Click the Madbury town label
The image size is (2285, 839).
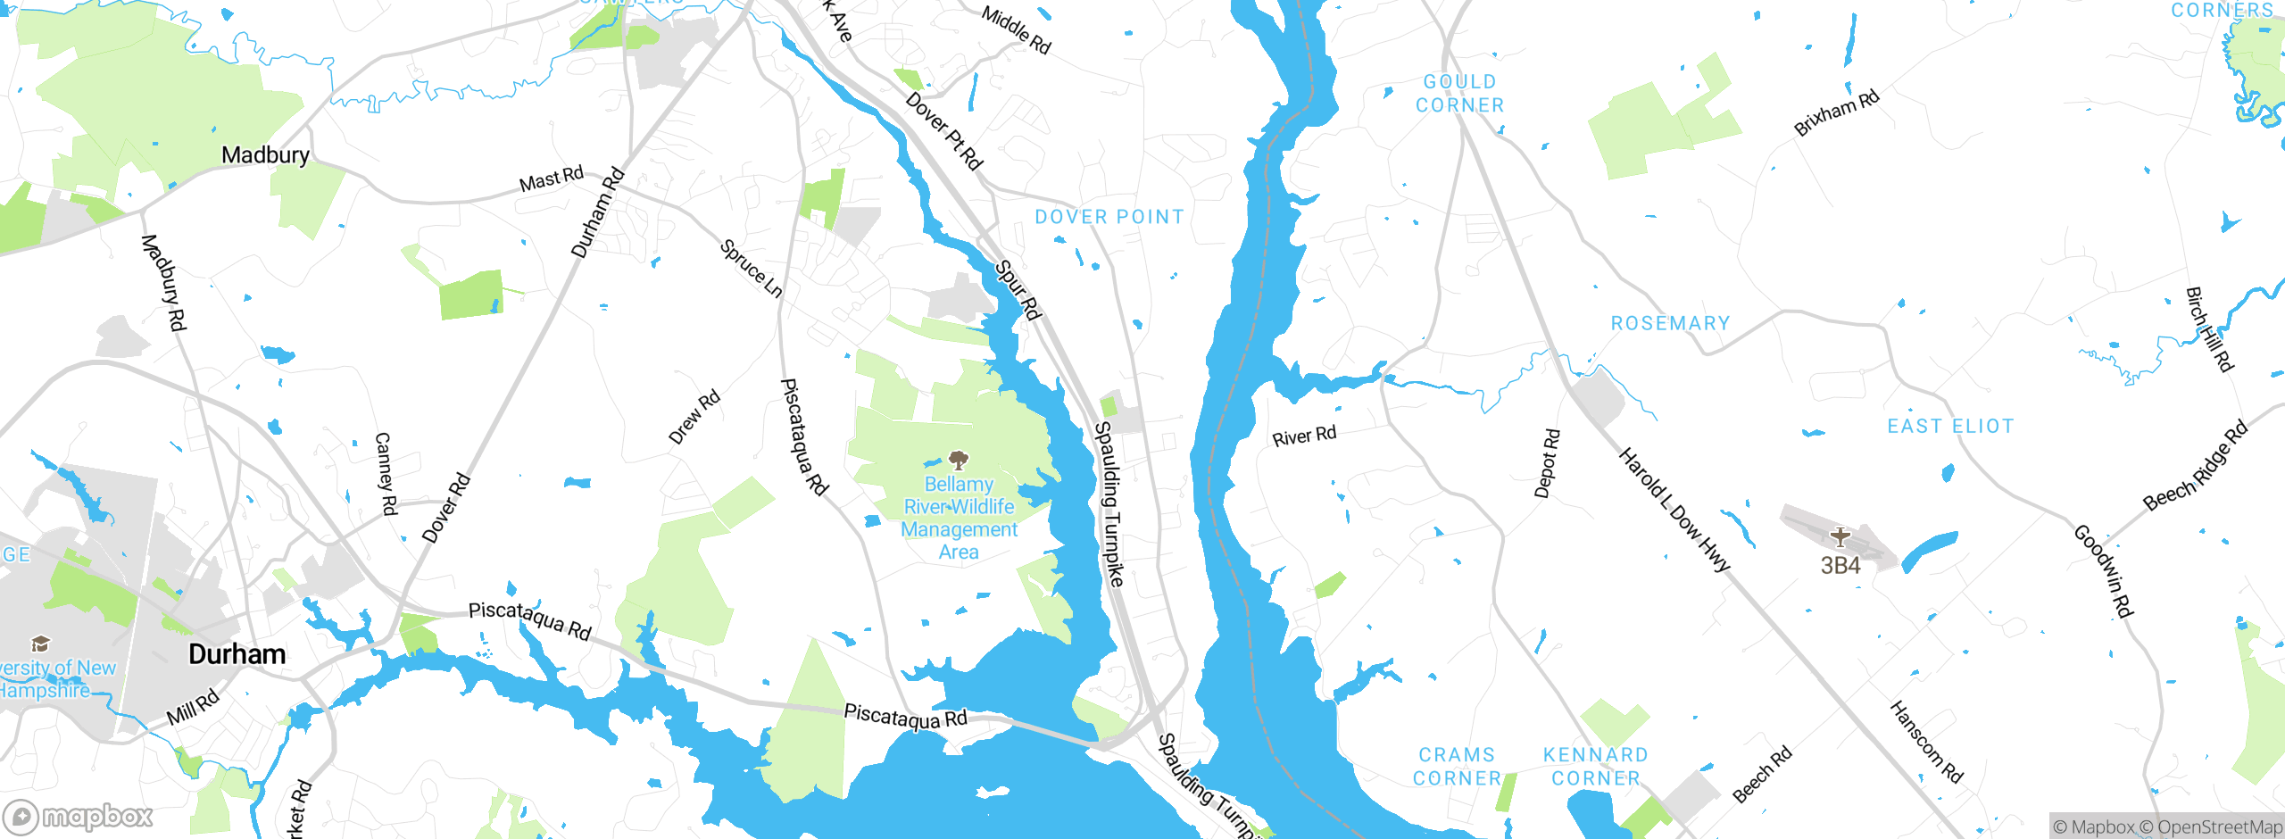[x=265, y=155]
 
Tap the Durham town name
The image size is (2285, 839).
[x=237, y=654]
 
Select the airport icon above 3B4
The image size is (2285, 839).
[x=1840, y=537]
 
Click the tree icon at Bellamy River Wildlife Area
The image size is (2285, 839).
[x=959, y=461]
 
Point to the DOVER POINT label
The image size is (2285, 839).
[x=1109, y=217]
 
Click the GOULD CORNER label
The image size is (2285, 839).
[x=1460, y=94]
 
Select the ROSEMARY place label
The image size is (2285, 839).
[x=1670, y=323]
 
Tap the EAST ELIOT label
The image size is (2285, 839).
[x=1950, y=427]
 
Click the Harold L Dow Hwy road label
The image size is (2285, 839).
[x=1674, y=510]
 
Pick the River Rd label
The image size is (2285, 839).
[x=1304, y=436]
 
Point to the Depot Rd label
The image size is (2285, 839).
[x=1548, y=463]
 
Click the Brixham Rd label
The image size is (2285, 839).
[x=1837, y=112]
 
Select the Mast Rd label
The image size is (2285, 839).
[x=552, y=179]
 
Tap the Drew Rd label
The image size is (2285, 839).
[x=694, y=418]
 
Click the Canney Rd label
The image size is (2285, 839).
[x=386, y=474]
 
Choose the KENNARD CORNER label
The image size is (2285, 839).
[x=1596, y=767]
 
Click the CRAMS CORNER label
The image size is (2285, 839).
[x=1457, y=767]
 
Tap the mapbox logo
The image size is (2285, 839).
[x=79, y=817]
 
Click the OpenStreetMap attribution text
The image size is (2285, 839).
[x=2219, y=827]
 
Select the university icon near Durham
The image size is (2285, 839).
[x=40, y=644]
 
